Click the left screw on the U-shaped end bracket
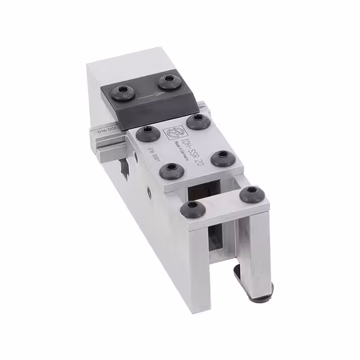(x=191, y=210)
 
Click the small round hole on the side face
(x=149, y=192)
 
